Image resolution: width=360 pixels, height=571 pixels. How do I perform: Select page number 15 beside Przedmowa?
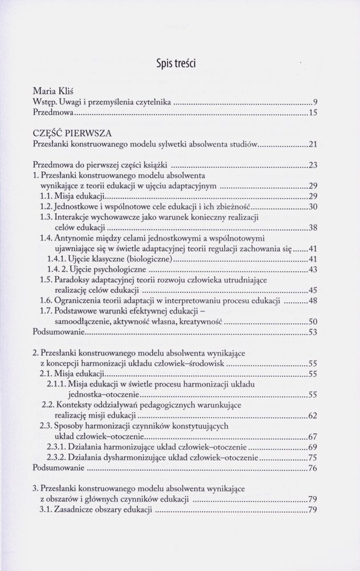312,114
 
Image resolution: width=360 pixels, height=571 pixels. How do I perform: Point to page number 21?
312,146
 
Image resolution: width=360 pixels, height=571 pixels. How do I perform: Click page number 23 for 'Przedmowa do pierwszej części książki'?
312,166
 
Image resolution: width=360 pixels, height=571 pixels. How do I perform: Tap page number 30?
312,206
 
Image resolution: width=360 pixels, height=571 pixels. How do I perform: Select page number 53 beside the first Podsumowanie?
312,332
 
